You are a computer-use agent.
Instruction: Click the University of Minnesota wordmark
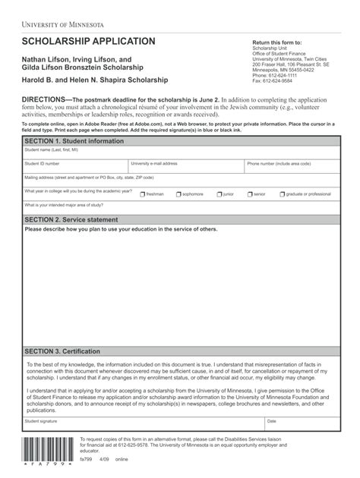[x=62, y=24]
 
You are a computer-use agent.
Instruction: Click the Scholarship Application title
[x=88, y=41]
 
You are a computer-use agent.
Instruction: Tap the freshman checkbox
[x=142, y=194]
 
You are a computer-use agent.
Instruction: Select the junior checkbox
[x=219, y=194]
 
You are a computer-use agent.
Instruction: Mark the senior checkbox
[x=250, y=194]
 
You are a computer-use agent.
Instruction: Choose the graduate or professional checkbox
[x=282, y=194]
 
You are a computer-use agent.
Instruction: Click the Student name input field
[x=181, y=154]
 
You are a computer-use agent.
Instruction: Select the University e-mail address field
[x=185, y=168]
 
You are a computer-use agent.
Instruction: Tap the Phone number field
[x=292, y=168]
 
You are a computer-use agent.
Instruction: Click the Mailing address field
[x=181, y=181]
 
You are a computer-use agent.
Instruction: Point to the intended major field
[x=181, y=208]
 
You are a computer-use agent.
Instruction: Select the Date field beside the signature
[x=302, y=424]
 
